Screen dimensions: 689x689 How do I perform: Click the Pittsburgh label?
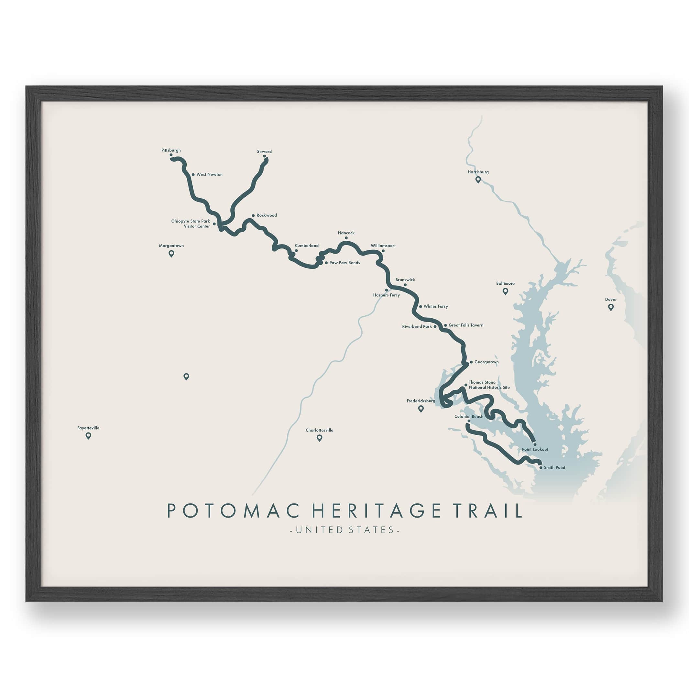[x=171, y=150]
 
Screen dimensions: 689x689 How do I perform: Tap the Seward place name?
[x=264, y=152]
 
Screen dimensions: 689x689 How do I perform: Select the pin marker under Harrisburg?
[x=478, y=180]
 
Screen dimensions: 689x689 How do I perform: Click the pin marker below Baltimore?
[x=505, y=291]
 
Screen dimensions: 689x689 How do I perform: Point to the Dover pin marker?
[x=611, y=307]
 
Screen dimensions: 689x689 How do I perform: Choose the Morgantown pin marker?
[x=171, y=254]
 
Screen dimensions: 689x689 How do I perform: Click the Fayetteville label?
[x=88, y=428]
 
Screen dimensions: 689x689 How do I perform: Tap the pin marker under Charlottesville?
[x=320, y=438]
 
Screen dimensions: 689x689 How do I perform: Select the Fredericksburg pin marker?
[x=421, y=409]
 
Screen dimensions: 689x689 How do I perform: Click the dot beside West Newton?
[x=193, y=175]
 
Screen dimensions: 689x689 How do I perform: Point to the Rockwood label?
[x=267, y=215]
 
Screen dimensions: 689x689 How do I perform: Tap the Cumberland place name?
[x=307, y=246]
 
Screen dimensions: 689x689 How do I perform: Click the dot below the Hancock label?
[x=346, y=238]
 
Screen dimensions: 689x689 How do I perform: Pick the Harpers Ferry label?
[x=386, y=295]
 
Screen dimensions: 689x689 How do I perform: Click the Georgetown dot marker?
[x=471, y=362]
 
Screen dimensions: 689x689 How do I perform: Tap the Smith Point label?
[x=554, y=467]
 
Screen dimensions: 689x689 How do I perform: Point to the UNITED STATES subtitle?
[x=344, y=530]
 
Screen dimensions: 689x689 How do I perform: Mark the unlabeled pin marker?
[x=186, y=376]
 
